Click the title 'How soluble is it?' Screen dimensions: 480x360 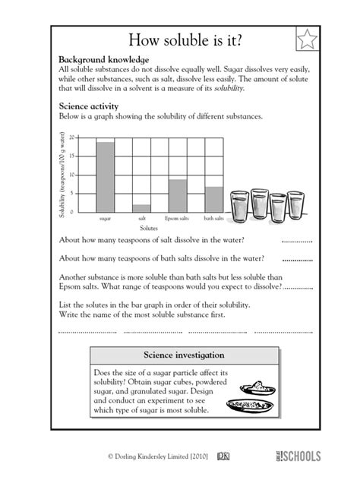pyautogui.click(x=179, y=39)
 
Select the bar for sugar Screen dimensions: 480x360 pyautogui.click(x=106, y=176)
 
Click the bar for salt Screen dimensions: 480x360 pyautogui.click(x=141, y=207)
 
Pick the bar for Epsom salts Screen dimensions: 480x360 pyautogui.click(x=178, y=195)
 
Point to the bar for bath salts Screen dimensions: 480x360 pyautogui.click(x=213, y=198)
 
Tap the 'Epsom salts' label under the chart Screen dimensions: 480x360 pyautogui.click(x=178, y=218)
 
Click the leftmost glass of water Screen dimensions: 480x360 pyautogui.click(x=239, y=204)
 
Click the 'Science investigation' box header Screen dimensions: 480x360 pyautogui.click(x=179, y=355)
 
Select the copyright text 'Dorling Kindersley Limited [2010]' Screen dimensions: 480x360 pyautogui.click(x=161, y=456)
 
